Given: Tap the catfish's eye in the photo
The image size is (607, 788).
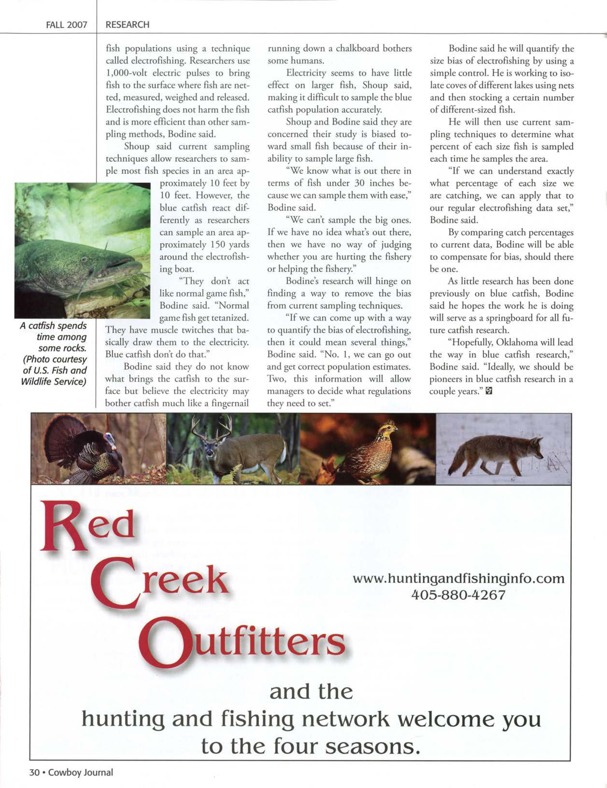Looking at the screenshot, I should (84, 259).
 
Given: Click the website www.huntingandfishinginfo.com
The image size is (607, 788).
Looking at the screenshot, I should (458, 578).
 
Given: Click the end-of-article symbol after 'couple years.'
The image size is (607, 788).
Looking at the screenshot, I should (489, 391).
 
